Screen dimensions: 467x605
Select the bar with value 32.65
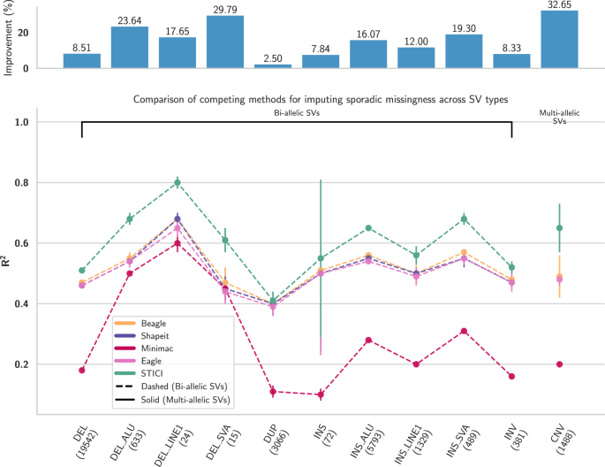[x=559, y=39]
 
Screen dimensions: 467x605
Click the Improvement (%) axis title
[x=8, y=39]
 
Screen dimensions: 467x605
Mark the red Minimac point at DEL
[x=81, y=370]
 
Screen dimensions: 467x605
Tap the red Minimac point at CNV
[x=559, y=364]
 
